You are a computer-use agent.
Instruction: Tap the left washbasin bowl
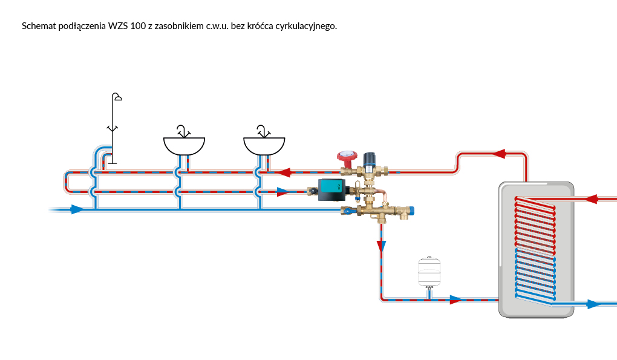click(x=184, y=145)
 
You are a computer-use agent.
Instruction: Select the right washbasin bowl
click(x=264, y=145)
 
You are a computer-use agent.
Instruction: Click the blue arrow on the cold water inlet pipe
click(x=77, y=209)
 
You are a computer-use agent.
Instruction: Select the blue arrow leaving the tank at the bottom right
click(x=595, y=304)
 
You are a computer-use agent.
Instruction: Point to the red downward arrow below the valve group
click(x=381, y=246)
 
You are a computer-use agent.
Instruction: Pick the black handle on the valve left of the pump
click(x=312, y=192)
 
